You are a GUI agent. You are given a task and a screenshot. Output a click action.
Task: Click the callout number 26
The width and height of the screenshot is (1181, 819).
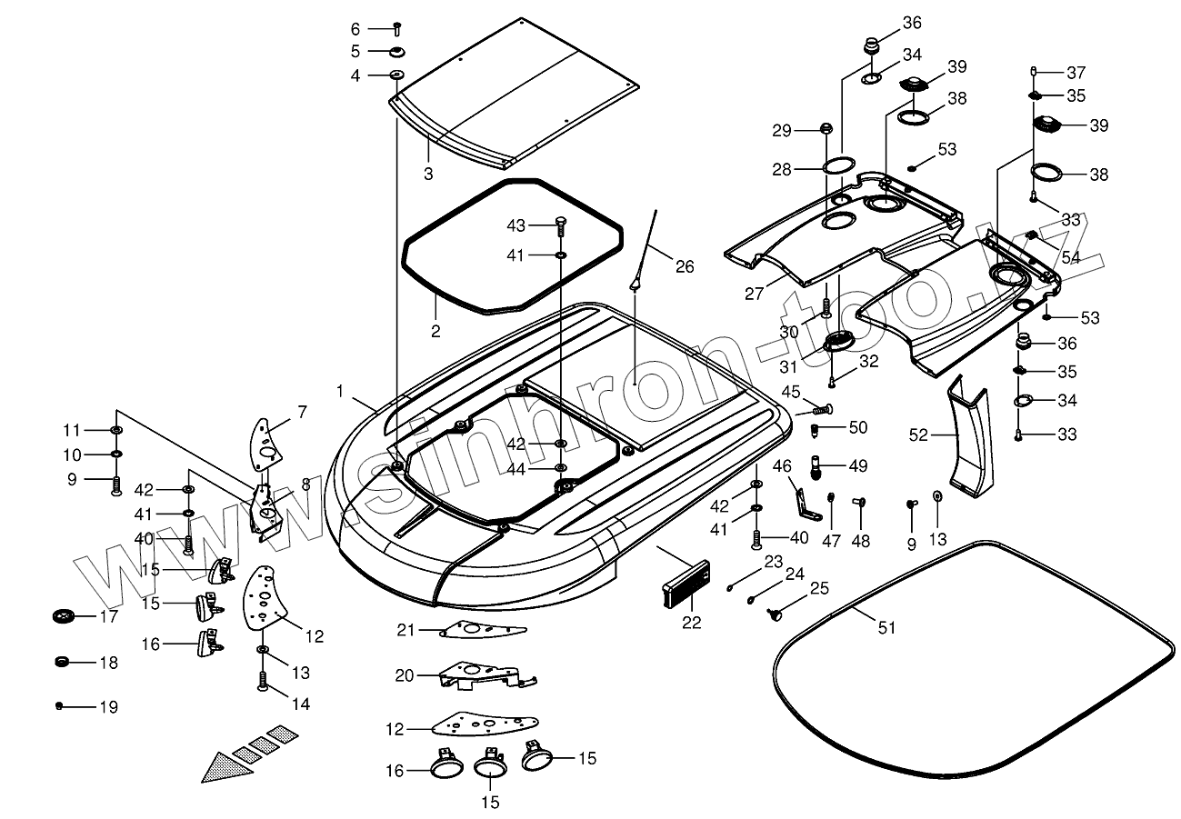coord(685,266)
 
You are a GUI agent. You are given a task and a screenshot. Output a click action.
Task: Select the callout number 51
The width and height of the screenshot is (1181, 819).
coord(886,628)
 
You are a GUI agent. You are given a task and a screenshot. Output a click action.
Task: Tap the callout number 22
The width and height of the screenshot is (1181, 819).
coord(692,623)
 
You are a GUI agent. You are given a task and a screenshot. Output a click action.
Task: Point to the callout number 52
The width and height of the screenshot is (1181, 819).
coord(918,434)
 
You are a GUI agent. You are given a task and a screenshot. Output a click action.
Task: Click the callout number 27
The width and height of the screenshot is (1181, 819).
coord(754,294)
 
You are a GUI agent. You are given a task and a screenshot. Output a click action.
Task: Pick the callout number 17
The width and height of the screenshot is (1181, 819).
coord(109,616)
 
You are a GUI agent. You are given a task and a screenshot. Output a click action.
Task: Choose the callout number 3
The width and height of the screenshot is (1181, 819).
coord(428,174)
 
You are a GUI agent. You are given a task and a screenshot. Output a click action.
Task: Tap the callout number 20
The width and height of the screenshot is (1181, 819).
coord(405,675)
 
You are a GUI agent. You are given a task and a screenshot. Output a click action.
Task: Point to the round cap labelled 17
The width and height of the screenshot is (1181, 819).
coord(65,615)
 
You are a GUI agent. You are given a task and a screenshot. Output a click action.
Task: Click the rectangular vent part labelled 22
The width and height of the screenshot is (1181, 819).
coord(686,585)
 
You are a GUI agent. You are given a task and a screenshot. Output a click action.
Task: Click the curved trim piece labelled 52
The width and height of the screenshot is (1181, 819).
coord(968,437)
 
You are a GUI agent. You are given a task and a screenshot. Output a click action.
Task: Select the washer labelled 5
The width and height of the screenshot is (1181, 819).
coord(397,52)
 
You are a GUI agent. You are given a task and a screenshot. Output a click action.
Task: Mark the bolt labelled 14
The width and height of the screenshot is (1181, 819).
coord(263,681)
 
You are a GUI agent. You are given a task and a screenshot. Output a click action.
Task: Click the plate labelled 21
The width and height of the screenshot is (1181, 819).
coord(483,629)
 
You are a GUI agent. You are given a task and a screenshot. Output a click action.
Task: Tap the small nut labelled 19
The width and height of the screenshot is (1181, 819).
coord(59,705)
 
